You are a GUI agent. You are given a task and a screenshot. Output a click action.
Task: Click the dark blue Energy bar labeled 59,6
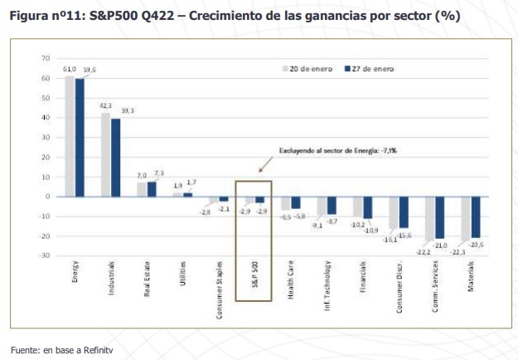(x=80, y=137)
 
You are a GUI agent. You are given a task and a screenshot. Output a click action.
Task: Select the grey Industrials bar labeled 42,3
(x=105, y=154)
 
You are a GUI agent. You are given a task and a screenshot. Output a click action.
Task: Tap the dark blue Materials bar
(x=477, y=216)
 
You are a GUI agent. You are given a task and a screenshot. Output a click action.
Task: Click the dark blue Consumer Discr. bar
(x=404, y=212)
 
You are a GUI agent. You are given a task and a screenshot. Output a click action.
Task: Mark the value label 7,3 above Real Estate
(x=159, y=173)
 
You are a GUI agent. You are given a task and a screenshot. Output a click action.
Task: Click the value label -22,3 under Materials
(x=458, y=251)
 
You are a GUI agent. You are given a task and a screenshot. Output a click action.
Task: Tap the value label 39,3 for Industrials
(x=128, y=110)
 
